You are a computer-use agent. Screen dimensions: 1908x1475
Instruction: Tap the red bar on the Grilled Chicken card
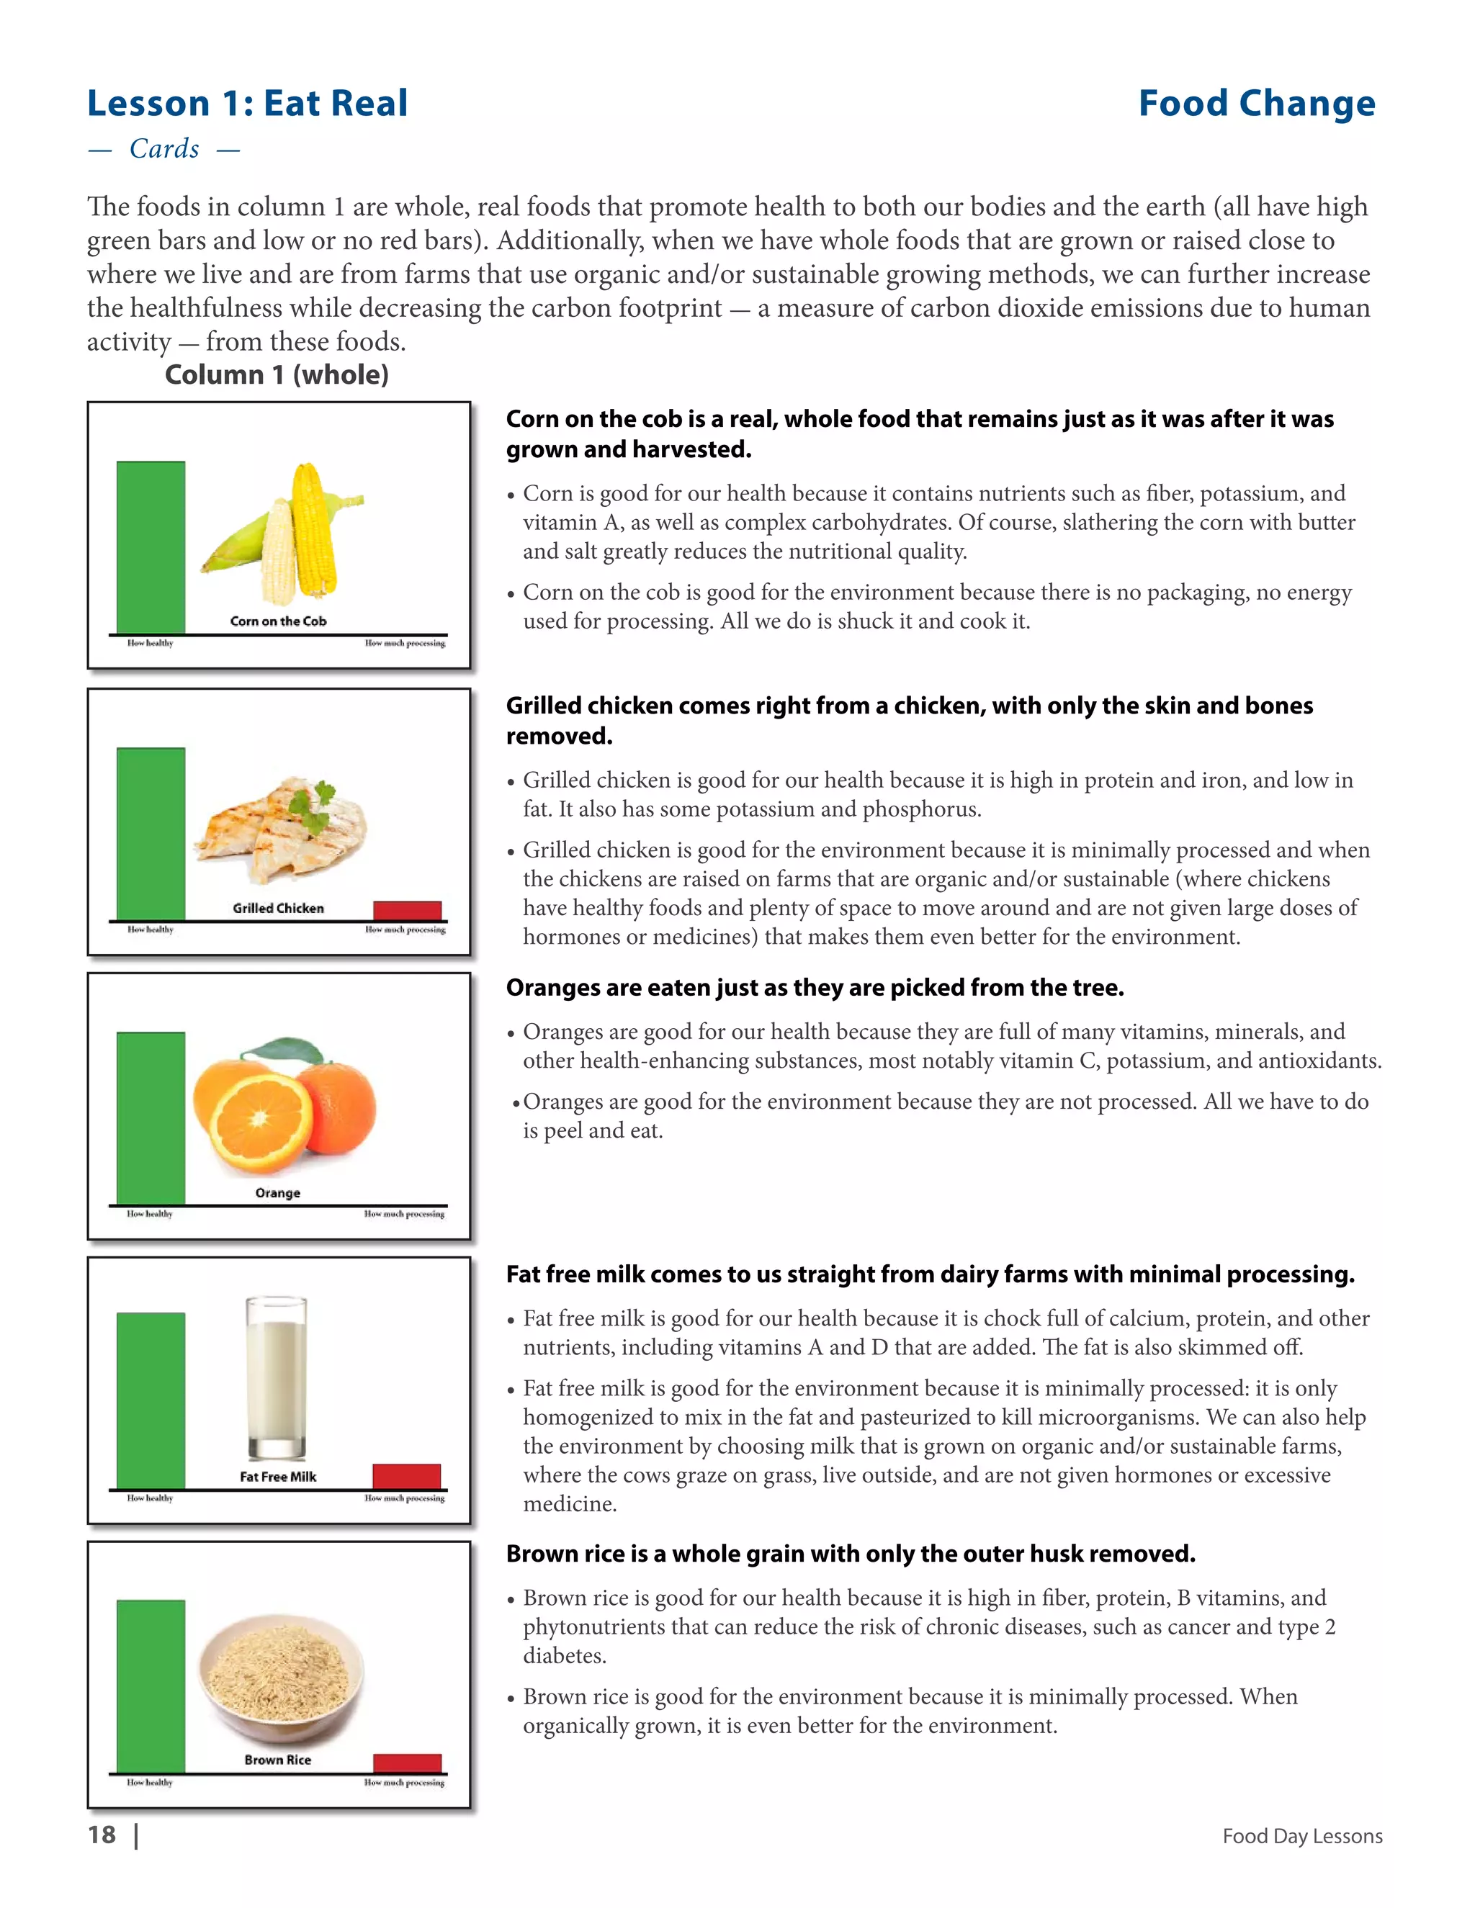point(407,909)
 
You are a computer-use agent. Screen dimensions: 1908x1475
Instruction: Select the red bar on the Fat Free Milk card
point(406,1475)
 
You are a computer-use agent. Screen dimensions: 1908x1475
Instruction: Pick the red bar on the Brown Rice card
point(407,1762)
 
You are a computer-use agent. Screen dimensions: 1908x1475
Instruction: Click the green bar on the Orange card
point(151,1117)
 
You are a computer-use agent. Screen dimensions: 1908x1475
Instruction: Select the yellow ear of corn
point(313,528)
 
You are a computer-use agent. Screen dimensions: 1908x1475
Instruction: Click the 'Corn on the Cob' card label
point(278,621)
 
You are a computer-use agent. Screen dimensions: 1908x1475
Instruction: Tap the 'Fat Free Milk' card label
point(278,1477)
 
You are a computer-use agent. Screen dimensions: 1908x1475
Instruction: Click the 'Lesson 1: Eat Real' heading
point(247,103)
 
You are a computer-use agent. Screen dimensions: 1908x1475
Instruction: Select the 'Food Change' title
point(1257,103)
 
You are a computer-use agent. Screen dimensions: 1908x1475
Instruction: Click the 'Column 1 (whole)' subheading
point(276,375)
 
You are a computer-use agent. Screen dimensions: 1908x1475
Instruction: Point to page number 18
point(102,1835)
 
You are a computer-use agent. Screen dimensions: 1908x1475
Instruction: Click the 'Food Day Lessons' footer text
point(1302,1835)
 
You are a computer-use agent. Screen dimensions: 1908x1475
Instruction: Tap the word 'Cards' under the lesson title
point(164,148)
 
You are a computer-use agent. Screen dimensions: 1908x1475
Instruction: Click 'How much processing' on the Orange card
point(405,1213)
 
